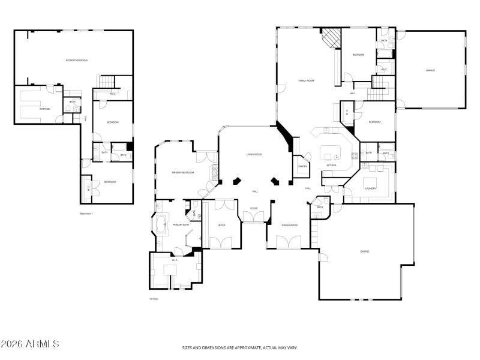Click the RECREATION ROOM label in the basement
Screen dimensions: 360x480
77,61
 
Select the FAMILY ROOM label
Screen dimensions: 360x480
307,80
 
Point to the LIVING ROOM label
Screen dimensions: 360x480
254,154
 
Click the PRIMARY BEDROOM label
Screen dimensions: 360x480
183,172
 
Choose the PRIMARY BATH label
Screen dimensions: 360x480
181,224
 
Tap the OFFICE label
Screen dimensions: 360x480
221,225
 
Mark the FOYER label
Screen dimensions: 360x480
254,209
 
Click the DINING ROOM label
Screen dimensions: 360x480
290,225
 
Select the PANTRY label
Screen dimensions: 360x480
302,166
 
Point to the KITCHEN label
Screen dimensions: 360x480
331,166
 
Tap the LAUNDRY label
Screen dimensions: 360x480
370,188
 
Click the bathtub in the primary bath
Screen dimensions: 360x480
160,225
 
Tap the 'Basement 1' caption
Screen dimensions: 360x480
87,213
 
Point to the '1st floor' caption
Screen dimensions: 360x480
154,298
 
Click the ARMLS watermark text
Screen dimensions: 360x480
30,344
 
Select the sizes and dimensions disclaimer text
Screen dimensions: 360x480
239,347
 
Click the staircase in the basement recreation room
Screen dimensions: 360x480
106,82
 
